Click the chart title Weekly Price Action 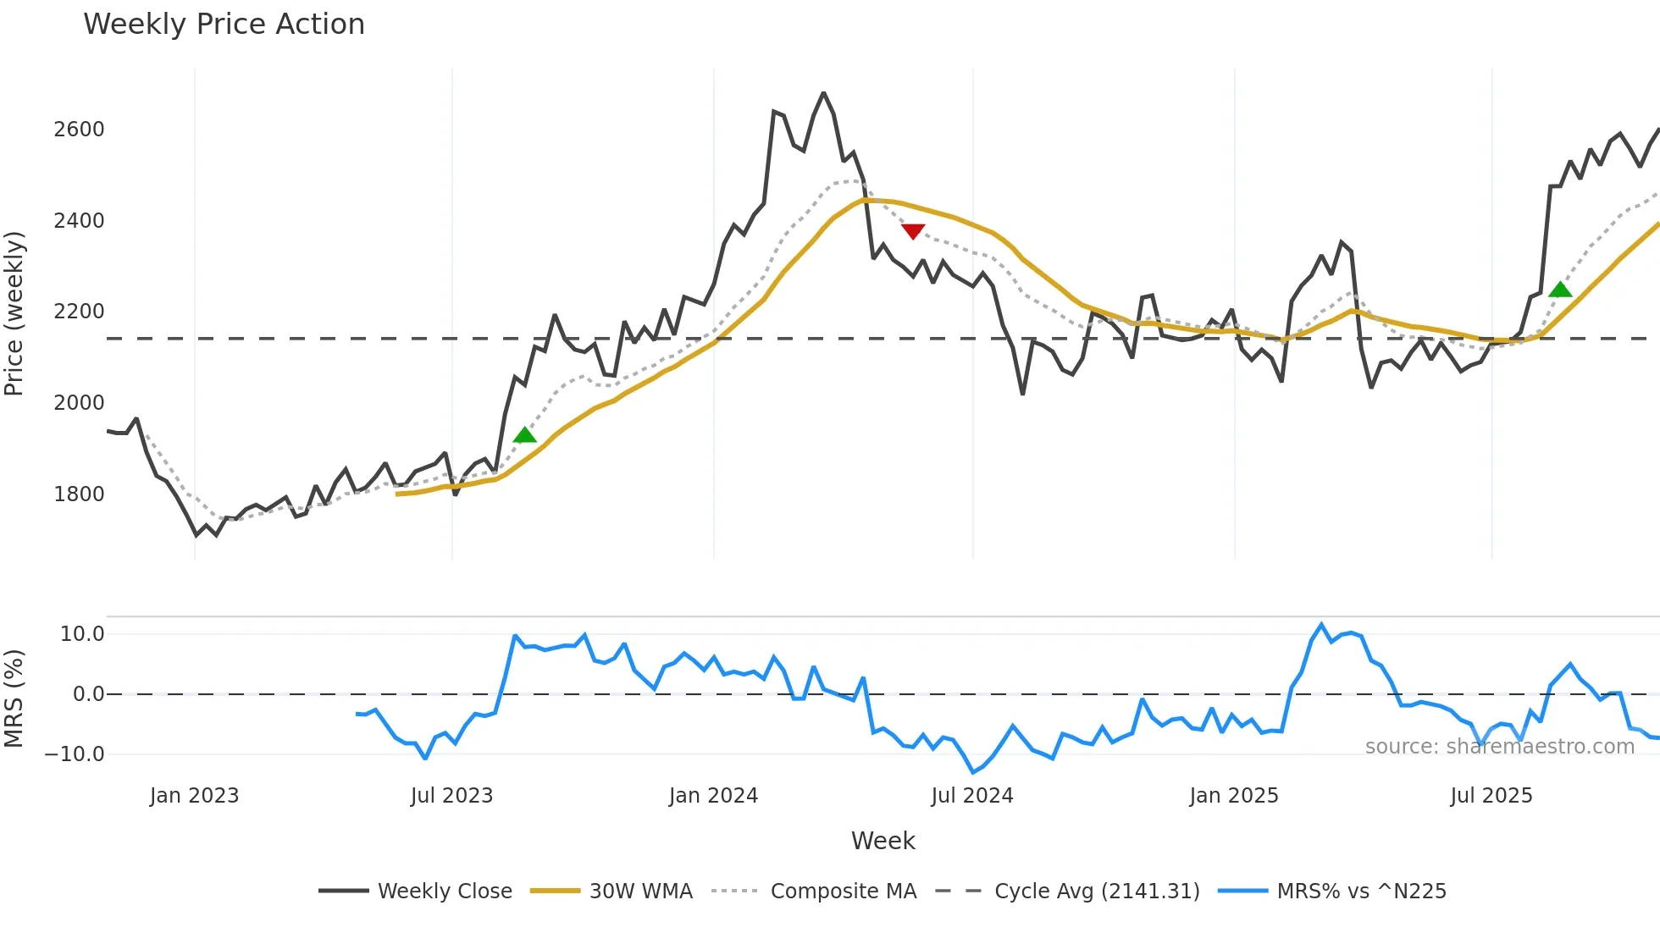click(x=224, y=25)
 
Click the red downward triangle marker click(x=913, y=231)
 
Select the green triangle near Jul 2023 click(x=525, y=435)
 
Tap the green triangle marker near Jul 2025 click(x=1560, y=290)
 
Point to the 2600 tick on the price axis click(x=79, y=130)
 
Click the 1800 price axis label click(x=79, y=494)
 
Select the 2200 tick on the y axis click(x=79, y=312)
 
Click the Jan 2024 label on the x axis click(x=713, y=796)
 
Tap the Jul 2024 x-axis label click(x=972, y=796)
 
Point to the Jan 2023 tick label click(x=194, y=796)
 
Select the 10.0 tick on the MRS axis click(x=81, y=634)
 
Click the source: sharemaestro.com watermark click(x=1499, y=747)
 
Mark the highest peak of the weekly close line click(x=823, y=93)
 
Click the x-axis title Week click(x=883, y=841)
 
